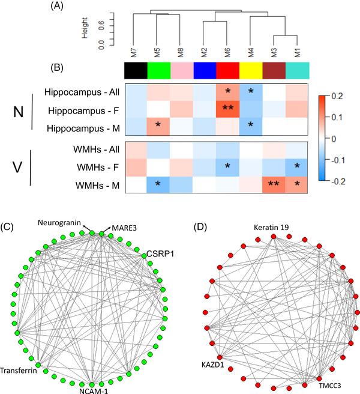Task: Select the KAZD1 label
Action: (213, 364)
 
